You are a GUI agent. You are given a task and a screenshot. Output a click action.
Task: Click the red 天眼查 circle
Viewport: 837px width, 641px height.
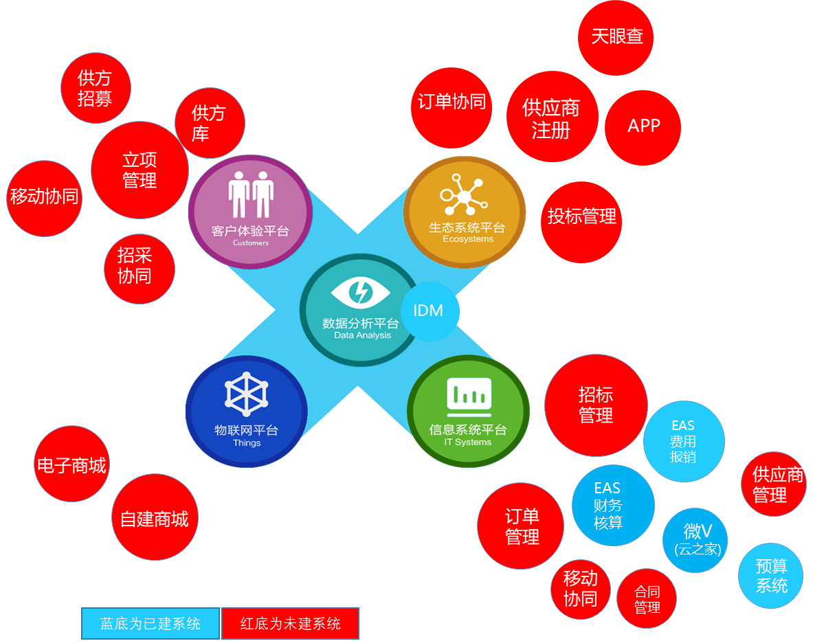pyautogui.click(x=616, y=36)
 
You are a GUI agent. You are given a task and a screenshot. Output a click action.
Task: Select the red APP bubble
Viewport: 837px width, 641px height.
pyautogui.click(x=643, y=127)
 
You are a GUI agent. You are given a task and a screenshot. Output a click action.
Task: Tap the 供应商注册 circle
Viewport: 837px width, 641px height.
pyautogui.click(x=552, y=117)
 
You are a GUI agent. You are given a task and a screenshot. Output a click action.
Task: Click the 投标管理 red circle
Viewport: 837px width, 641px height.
pyautogui.click(x=581, y=221)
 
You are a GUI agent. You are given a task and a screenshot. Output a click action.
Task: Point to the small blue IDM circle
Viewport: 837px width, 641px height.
pyautogui.click(x=429, y=311)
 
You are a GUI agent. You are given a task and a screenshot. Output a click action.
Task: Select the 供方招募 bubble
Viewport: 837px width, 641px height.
pyautogui.click(x=95, y=88)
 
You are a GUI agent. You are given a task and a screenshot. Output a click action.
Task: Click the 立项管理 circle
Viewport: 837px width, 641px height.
pyautogui.click(x=139, y=170)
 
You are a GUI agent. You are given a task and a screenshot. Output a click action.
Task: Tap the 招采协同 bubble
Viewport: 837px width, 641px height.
pyautogui.click(x=139, y=267)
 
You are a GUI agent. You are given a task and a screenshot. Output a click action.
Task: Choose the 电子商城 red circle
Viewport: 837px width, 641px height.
pyautogui.click(x=71, y=464)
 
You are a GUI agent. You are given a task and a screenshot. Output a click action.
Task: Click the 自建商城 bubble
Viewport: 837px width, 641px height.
pyautogui.click(x=155, y=517)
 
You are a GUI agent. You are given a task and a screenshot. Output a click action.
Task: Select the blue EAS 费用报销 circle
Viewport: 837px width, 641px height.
pyautogui.click(x=683, y=441)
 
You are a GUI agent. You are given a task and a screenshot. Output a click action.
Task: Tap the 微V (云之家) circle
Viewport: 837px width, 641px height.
pyautogui.click(x=695, y=540)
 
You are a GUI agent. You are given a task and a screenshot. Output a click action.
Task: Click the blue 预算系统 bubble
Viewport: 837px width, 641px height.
pyautogui.click(x=770, y=576)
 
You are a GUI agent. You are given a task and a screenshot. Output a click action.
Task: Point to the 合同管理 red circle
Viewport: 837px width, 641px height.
pyautogui.click(x=647, y=598)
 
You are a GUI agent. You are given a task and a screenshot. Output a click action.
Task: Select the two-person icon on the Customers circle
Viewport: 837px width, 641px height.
pyautogui.click(x=251, y=194)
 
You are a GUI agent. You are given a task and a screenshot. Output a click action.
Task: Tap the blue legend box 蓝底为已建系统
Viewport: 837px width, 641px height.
pyautogui.click(x=150, y=624)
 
